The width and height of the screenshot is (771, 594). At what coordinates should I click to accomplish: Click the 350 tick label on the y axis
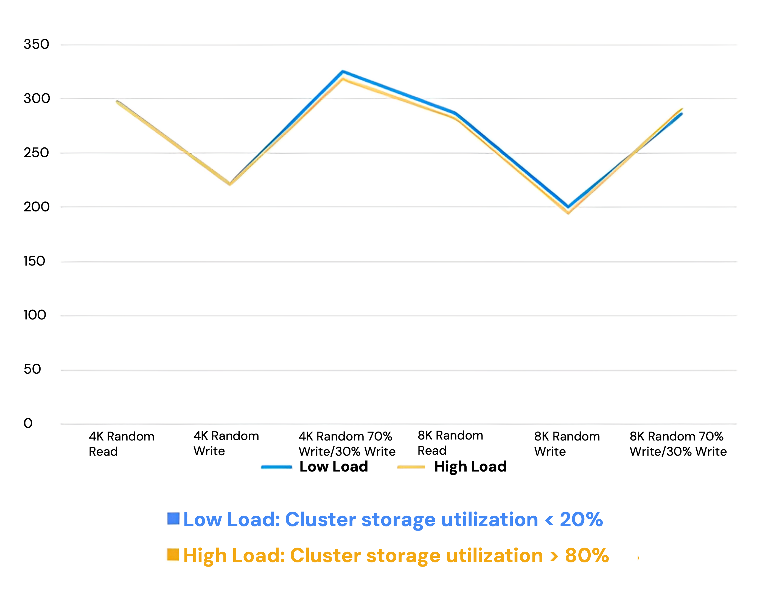pyautogui.click(x=36, y=44)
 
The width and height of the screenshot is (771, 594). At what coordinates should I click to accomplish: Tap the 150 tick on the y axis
pyautogui.click(x=34, y=261)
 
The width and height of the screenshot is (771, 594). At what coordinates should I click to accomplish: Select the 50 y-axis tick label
pyautogui.click(x=32, y=369)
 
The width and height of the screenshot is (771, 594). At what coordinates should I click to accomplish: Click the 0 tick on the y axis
pyautogui.click(x=28, y=423)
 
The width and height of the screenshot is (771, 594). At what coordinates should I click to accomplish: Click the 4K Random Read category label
pyautogui.click(x=121, y=444)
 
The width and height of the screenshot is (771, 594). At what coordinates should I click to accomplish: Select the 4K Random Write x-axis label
pyautogui.click(x=226, y=444)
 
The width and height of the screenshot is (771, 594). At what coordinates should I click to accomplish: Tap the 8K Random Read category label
pyautogui.click(x=450, y=443)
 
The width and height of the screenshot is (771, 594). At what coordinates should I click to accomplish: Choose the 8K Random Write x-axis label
pyautogui.click(x=567, y=444)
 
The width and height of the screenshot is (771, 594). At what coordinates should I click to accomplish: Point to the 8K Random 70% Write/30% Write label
pyautogui.click(x=678, y=444)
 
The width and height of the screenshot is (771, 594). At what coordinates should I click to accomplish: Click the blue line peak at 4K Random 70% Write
pyautogui.click(x=343, y=72)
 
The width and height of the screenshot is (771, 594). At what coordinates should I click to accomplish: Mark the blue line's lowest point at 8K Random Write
pyautogui.click(x=568, y=207)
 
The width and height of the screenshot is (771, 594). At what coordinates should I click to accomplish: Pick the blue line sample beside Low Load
pyautogui.click(x=276, y=467)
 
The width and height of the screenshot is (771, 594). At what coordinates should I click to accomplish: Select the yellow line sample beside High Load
pyautogui.click(x=411, y=467)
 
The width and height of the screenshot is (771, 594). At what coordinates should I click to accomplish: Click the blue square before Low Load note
pyautogui.click(x=173, y=519)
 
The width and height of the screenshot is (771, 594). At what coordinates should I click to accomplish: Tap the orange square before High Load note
pyautogui.click(x=173, y=554)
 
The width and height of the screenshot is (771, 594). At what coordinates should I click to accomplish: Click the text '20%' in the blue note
pyautogui.click(x=581, y=520)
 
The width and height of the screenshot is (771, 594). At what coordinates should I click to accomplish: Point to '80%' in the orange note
pyautogui.click(x=587, y=556)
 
